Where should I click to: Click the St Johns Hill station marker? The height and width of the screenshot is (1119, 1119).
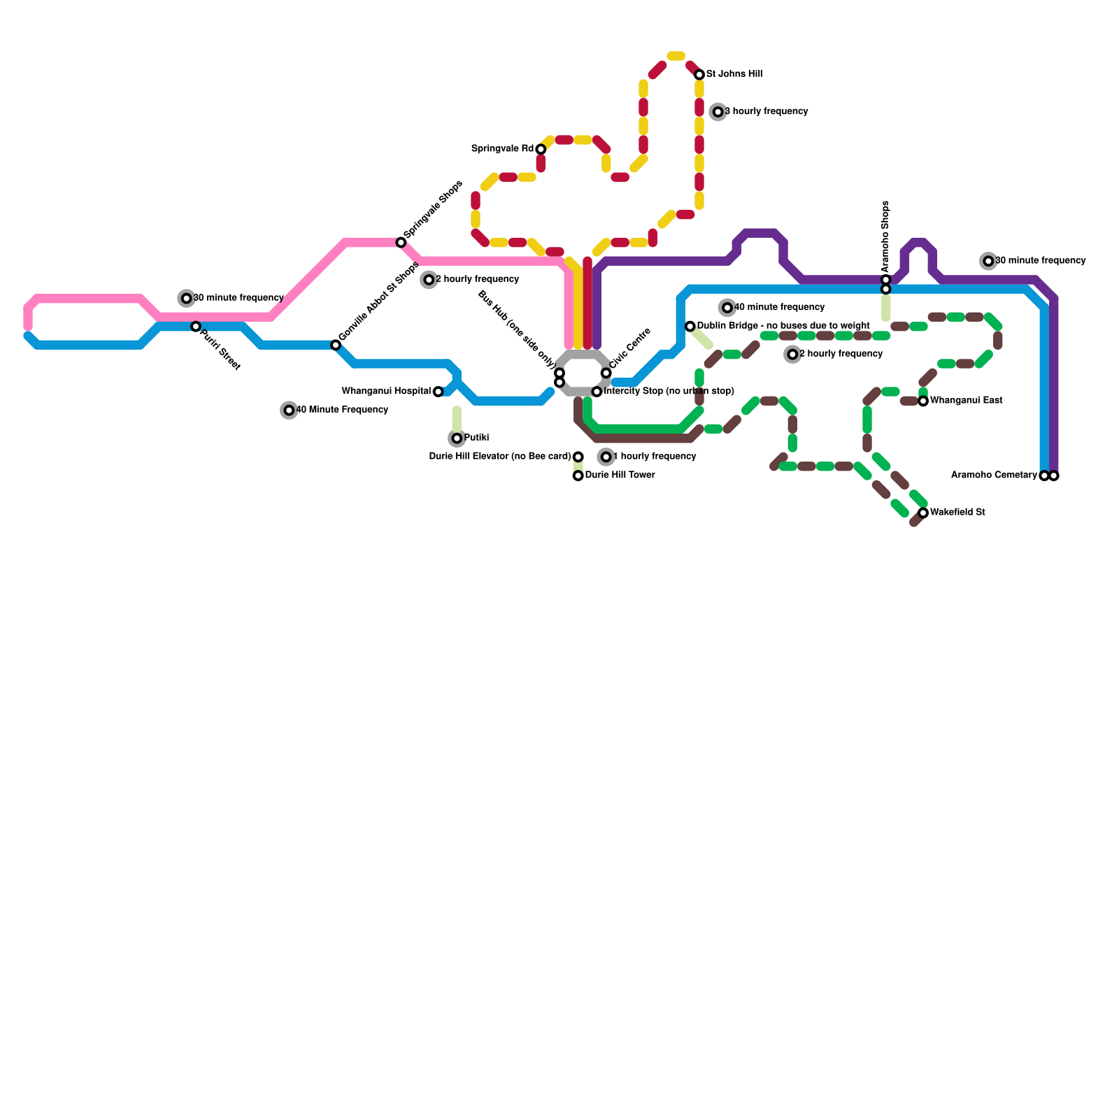(699, 75)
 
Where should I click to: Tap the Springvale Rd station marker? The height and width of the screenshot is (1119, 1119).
(541, 150)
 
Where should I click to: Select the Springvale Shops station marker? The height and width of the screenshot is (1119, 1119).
(401, 243)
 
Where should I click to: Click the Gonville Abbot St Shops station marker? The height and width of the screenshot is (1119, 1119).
(336, 345)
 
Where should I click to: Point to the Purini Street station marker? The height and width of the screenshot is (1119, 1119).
(196, 327)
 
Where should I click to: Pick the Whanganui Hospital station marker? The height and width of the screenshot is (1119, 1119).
(438, 392)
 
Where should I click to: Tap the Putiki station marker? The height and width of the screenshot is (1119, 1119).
(457, 439)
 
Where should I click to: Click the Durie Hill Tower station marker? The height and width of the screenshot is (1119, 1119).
(578, 476)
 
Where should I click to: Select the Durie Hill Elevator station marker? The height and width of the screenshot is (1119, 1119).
(578, 457)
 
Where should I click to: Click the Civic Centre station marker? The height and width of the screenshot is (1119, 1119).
(606, 373)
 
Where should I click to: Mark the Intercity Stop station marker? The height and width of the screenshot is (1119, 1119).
(597, 392)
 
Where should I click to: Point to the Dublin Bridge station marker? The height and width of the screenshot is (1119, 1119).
(690, 327)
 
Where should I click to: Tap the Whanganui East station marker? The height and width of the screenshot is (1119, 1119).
(923, 401)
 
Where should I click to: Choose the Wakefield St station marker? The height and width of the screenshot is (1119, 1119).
(923, 513)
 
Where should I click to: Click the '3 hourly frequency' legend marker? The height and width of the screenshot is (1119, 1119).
(718, 112)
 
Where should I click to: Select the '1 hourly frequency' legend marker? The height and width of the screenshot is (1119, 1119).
(606, 457)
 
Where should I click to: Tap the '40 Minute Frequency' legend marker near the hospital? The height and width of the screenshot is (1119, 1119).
(289, 411)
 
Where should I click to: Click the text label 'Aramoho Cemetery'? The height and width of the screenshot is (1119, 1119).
(994, 476)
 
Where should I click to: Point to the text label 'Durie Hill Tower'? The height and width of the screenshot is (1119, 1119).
(620, 476)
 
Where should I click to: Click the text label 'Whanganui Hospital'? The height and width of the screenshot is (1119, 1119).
(386, 392)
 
